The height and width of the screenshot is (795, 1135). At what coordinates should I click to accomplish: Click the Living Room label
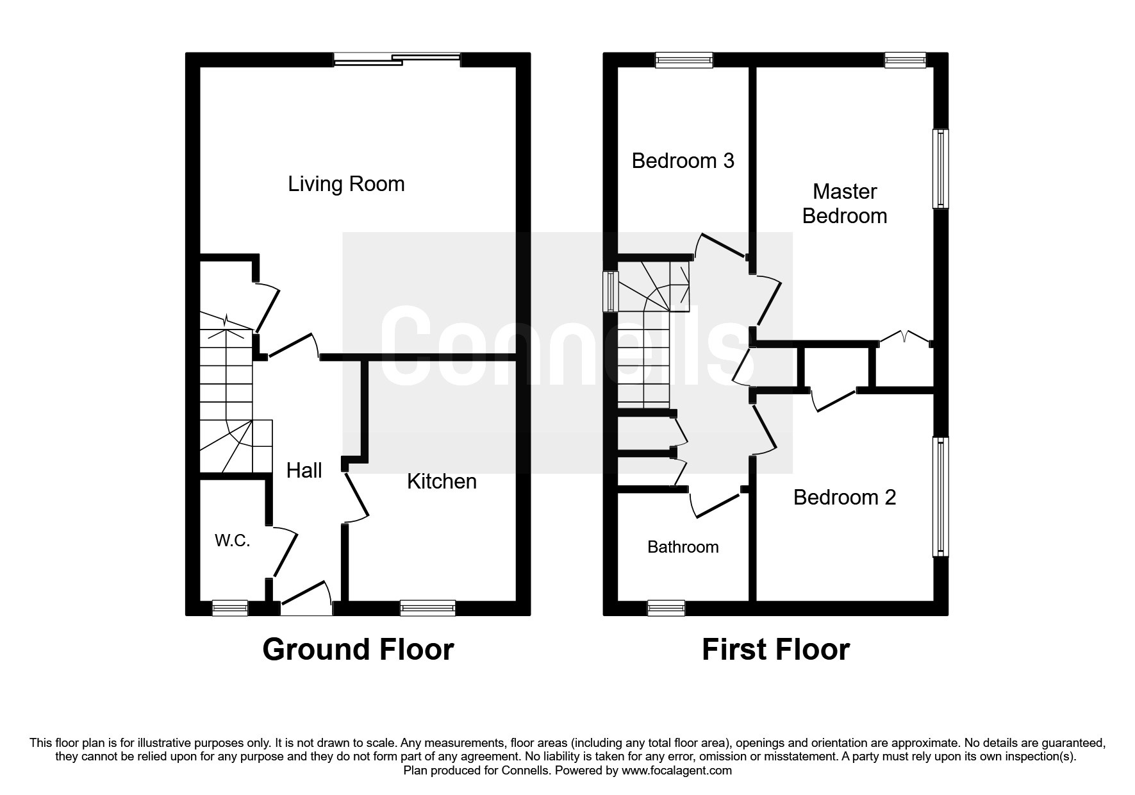click(x=346, y=185)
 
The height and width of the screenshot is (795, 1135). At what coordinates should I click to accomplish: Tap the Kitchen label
click(x=442, y=481)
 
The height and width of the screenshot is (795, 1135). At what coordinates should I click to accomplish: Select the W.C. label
click(x=232, y=541)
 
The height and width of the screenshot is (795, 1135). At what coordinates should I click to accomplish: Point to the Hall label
click(x=304, y=471)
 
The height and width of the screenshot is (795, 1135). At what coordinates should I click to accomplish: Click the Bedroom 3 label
click(x=683, y=160)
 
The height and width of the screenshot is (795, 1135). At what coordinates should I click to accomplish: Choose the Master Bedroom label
click(x=844, y=204)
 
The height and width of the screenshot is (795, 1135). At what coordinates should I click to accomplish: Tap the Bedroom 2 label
click(x=844, y=498)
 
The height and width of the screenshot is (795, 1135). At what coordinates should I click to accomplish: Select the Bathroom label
click(x=683, y=547)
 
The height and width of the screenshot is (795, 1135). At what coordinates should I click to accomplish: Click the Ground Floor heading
click(x=358, y=649)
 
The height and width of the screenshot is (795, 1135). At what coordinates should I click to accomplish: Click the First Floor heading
click(x=775, y=649)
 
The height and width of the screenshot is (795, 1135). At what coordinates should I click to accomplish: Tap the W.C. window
click(x=229, y=607)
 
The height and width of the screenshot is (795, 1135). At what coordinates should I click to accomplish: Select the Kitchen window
click(x=427, y=607)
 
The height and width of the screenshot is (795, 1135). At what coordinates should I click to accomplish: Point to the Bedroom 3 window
click(x=684, y=60)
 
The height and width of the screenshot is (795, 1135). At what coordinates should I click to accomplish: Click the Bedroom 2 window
click(x=940, y=497)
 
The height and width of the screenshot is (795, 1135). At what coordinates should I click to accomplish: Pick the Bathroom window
click(x=665, y=607)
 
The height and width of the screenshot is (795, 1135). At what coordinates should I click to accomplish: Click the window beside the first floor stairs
click(x=611, y=291)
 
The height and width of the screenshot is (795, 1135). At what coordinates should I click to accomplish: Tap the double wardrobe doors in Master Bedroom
click(x=904, y=338)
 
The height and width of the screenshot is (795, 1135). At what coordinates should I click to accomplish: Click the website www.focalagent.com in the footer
click(x=676, y=771)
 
